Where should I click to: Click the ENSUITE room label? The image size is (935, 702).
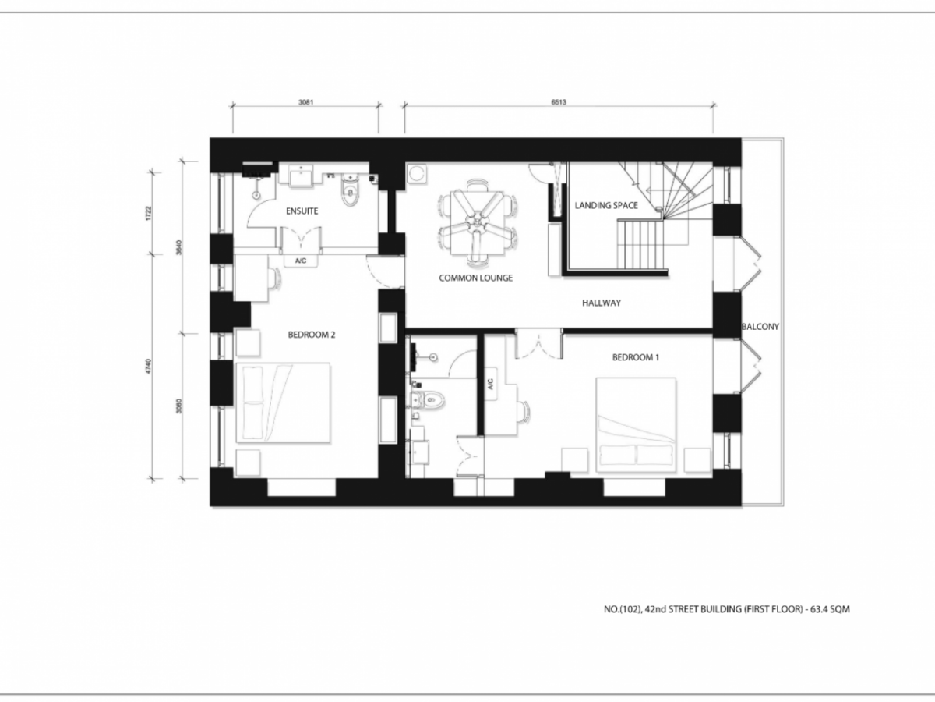[302, 211]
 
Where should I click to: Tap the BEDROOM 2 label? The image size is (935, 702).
[312, 335]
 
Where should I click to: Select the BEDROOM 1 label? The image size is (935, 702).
[636, 357]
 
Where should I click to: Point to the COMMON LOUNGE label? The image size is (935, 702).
[476, 278]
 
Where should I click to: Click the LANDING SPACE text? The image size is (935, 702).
[606, 205]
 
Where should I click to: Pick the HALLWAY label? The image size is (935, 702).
[602, 303]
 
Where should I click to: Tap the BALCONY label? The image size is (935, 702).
[760, 327]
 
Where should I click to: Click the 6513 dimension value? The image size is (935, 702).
[559, 102]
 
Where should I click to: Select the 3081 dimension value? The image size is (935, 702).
[306, 102]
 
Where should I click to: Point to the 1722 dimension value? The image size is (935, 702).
[148, 213]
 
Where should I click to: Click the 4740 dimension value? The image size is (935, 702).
[148, 367]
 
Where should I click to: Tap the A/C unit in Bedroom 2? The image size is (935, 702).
[301, 261]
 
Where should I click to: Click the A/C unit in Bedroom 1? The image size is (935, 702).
[491, 384]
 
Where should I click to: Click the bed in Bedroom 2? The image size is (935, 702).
[283, 402]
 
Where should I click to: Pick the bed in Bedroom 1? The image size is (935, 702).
[636, 424]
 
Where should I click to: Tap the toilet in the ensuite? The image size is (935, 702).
[350, 190]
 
